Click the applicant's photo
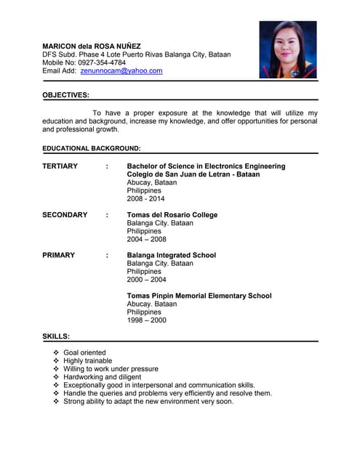click(x=288, y=49)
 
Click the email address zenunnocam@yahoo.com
click(x=121, y=71)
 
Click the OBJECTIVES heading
click(x=66, y=95)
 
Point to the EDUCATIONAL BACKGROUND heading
click(x=92, y=148)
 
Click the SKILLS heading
click(x=56, y=336)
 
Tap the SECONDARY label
click(x=65, y=215)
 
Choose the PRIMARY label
click(x=58, y=256)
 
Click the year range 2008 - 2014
click(x=145, y=198)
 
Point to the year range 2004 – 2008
click(x=146, y=239)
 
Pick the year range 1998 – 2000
click(x=146, y=320)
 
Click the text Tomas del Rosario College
click(x=172, y=215)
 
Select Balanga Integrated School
click(x=171, y=256)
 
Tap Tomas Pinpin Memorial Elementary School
click(x=199, y=296)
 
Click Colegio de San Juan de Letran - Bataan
click(x=193, y=174)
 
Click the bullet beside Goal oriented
click(x=57, y=352)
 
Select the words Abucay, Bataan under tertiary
click(x=151, y=182)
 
